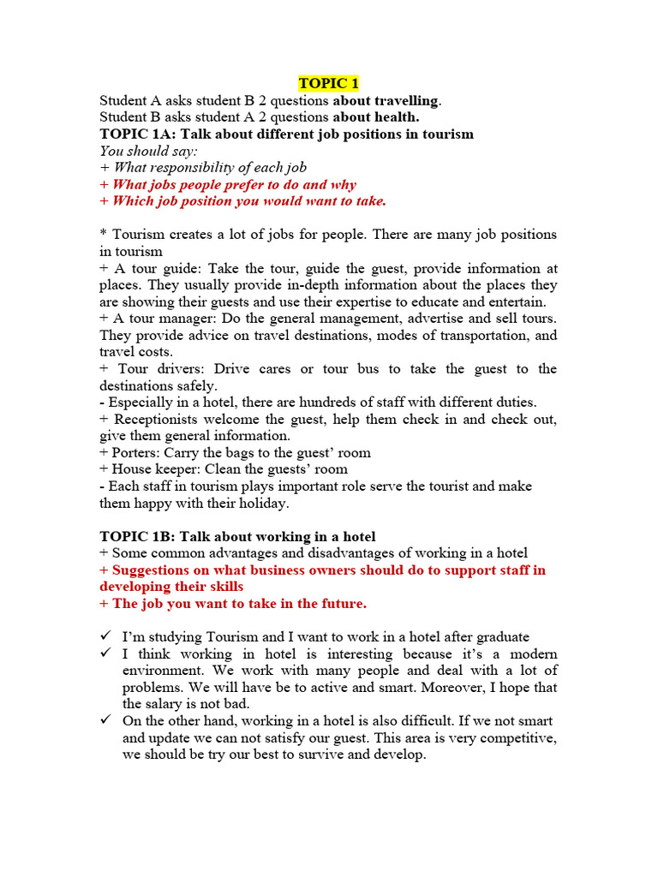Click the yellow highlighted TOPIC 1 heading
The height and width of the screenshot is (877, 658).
tap(329, 83)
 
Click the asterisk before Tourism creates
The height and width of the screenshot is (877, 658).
tap(103, 235)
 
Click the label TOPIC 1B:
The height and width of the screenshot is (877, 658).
tap(137, 536)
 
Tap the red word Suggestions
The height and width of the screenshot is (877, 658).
tap(157, 570)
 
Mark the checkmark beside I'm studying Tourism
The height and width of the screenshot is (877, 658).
tap(105, 637)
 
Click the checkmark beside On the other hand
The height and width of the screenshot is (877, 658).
tap(105, 721)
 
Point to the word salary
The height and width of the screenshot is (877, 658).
tap(170, 704)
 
